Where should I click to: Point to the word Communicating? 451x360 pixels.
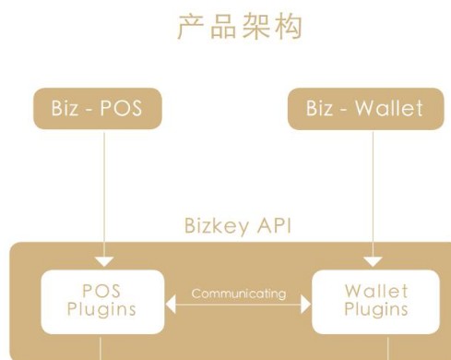tap(238, 294)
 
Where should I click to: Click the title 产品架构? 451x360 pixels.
tap(238, 28)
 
